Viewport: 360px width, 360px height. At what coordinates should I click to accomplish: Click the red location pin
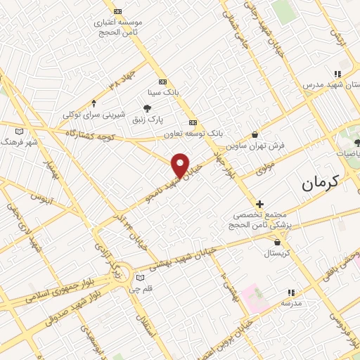tap(181, 165)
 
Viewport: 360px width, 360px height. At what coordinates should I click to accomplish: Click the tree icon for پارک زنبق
tap(147, 108)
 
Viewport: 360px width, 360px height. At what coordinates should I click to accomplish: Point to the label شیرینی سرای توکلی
tap(94, 114)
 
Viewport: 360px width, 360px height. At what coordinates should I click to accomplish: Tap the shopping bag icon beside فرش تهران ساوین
tap(254, 134)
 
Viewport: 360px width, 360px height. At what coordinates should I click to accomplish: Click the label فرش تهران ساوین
tap(255, 146)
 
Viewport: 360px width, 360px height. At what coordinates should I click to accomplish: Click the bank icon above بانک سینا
tap(163, 81)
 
